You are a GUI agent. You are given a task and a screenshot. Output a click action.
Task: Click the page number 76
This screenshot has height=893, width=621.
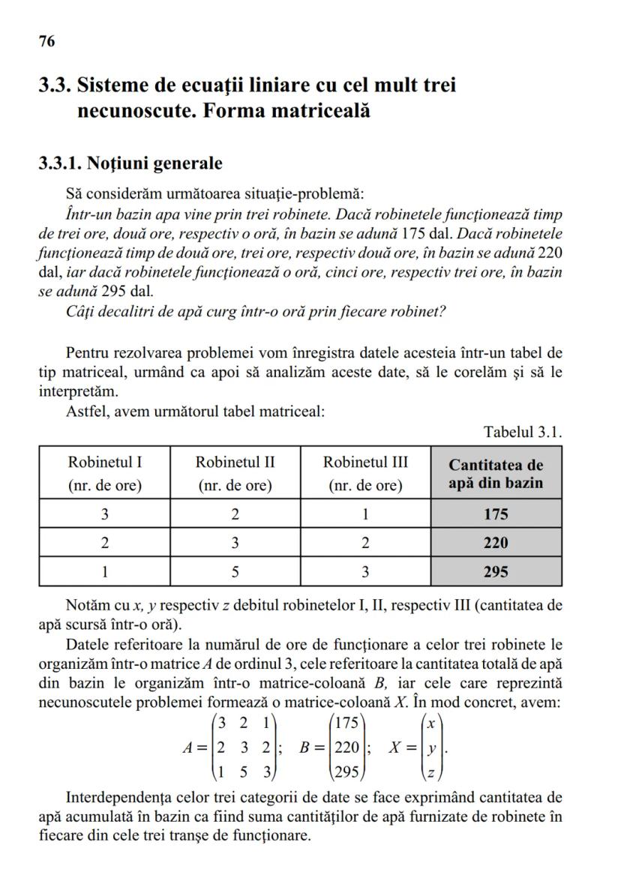click(x=46, y=42)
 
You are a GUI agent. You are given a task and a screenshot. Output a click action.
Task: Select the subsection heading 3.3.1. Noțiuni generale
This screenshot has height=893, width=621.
click(x=130, y=163)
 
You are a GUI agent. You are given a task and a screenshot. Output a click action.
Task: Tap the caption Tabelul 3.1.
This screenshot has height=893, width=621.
click(x=523, y=433)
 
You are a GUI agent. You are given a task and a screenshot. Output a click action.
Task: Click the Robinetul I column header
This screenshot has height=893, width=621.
click(x=104, y=473)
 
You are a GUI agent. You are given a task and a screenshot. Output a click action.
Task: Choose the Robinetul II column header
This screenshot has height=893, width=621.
click(x=235, y=473)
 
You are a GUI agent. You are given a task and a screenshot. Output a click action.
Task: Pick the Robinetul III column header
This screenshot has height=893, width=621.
click(x=365, y=473)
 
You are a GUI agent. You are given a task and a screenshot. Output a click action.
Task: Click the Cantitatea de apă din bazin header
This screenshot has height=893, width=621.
click(x=496, y=474)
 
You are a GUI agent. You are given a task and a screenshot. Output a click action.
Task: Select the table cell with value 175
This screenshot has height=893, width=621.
click(x=496, y=514)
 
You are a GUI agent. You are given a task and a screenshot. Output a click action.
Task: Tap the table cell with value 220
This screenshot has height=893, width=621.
click(x=496, y=543)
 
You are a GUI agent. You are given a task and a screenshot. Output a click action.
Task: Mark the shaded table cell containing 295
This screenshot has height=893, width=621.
click(x=496, y=571)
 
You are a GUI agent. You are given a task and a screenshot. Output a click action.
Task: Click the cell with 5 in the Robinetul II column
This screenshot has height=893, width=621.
click(x=235, y=571)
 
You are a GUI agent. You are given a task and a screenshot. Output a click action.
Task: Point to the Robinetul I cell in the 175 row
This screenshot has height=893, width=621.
click(x=104, y=514)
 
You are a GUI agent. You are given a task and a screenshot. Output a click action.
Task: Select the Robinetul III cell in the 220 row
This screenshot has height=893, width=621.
click(x=365, y=543)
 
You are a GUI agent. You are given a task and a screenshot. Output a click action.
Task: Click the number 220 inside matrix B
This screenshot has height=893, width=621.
click(x=346, y=748)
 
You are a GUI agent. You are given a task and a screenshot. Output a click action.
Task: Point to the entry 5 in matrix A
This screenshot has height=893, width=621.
click(x=243, y=772)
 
